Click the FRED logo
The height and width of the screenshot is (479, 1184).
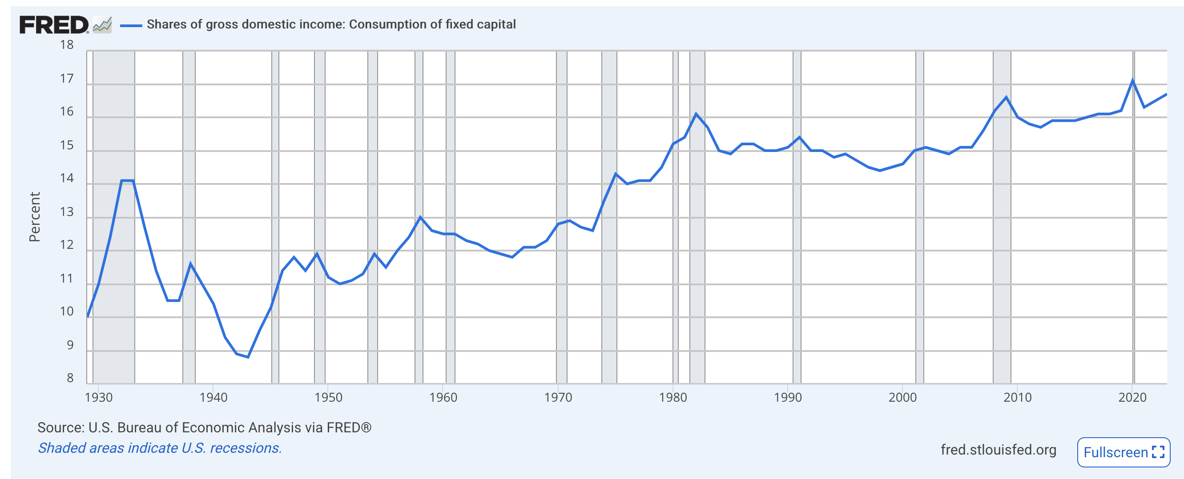click(x=54, y=25)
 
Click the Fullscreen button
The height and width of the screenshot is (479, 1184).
click(x=1123, y=452)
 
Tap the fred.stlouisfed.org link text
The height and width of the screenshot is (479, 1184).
click(x=999, y=450)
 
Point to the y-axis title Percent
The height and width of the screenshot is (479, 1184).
click(x=35, y=217)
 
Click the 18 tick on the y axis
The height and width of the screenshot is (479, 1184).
click(x=67, y=45)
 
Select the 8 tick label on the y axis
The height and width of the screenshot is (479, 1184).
click(x=70, y=378)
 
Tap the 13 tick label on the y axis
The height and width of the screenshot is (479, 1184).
click(x=67, y=212)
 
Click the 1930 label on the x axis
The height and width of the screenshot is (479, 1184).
click(x=98, y=397)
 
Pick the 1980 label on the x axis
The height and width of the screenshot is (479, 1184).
click(x=673, y=397)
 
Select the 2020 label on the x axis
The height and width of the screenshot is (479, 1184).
click(x=1132, y=397)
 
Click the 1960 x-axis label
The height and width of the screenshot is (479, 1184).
click(x=443, y=397)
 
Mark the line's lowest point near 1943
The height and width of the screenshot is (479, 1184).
click(x=248, y=357)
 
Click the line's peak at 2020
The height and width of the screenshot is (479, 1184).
click(x=1132, y=81)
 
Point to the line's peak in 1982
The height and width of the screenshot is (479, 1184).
click(x=696, y=113)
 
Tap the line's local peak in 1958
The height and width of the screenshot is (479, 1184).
click(x=420, y=217)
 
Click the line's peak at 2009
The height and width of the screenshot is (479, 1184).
click(x=1007, y=97)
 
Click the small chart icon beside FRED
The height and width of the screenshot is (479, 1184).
click(x=102, y=25)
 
